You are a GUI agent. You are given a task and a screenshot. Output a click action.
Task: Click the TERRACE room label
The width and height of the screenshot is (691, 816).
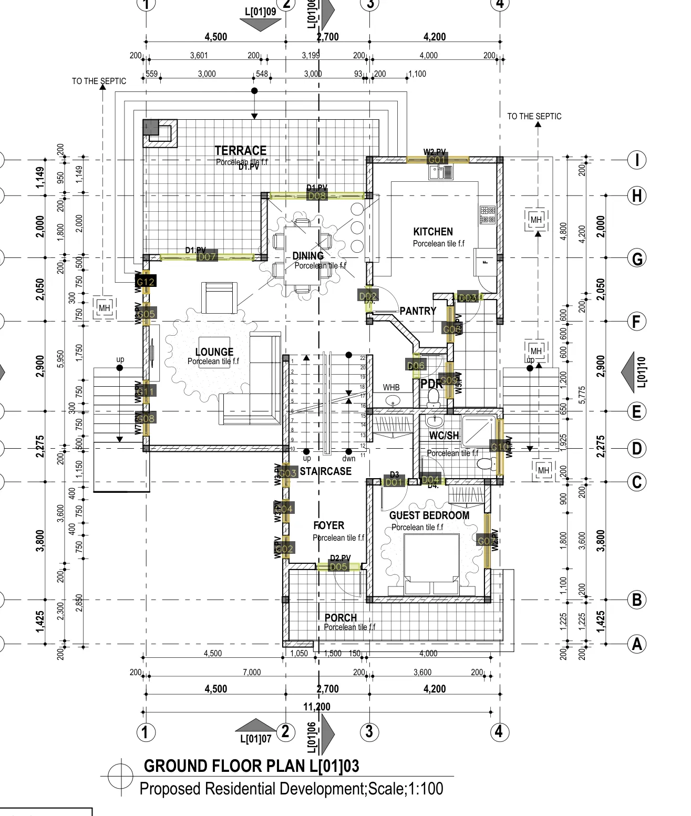241,150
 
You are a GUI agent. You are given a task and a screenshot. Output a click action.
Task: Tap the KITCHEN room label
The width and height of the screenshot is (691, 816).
433,232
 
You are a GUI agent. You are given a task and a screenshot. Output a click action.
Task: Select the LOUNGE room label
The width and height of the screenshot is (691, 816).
214,352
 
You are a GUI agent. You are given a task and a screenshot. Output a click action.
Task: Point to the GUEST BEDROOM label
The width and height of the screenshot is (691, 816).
429,515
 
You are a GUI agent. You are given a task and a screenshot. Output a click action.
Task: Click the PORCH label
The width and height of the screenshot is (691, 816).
341,618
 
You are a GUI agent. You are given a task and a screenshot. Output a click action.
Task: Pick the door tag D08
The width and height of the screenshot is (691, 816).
317,196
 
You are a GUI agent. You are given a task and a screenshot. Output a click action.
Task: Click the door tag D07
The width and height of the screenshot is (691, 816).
207,256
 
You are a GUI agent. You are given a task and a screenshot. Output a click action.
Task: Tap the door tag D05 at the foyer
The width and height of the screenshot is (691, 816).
338,566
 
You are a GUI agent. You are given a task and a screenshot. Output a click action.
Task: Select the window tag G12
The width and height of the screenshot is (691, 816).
146,282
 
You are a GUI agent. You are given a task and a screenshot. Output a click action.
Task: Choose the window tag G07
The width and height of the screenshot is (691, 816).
487,541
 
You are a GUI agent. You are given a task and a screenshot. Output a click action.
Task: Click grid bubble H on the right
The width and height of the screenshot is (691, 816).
637,196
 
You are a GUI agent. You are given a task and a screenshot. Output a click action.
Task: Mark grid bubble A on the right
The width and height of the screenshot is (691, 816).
637,644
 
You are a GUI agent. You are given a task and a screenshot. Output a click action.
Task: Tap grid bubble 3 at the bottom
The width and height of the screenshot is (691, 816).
369,731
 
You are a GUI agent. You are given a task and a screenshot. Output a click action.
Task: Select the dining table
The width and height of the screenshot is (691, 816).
302,255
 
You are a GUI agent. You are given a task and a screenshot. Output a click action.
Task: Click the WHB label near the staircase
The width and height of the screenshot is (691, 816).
391,387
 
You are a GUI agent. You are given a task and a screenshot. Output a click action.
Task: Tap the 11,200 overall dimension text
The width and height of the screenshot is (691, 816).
317,707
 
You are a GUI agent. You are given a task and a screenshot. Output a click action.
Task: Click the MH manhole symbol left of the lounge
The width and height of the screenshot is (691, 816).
105,308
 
